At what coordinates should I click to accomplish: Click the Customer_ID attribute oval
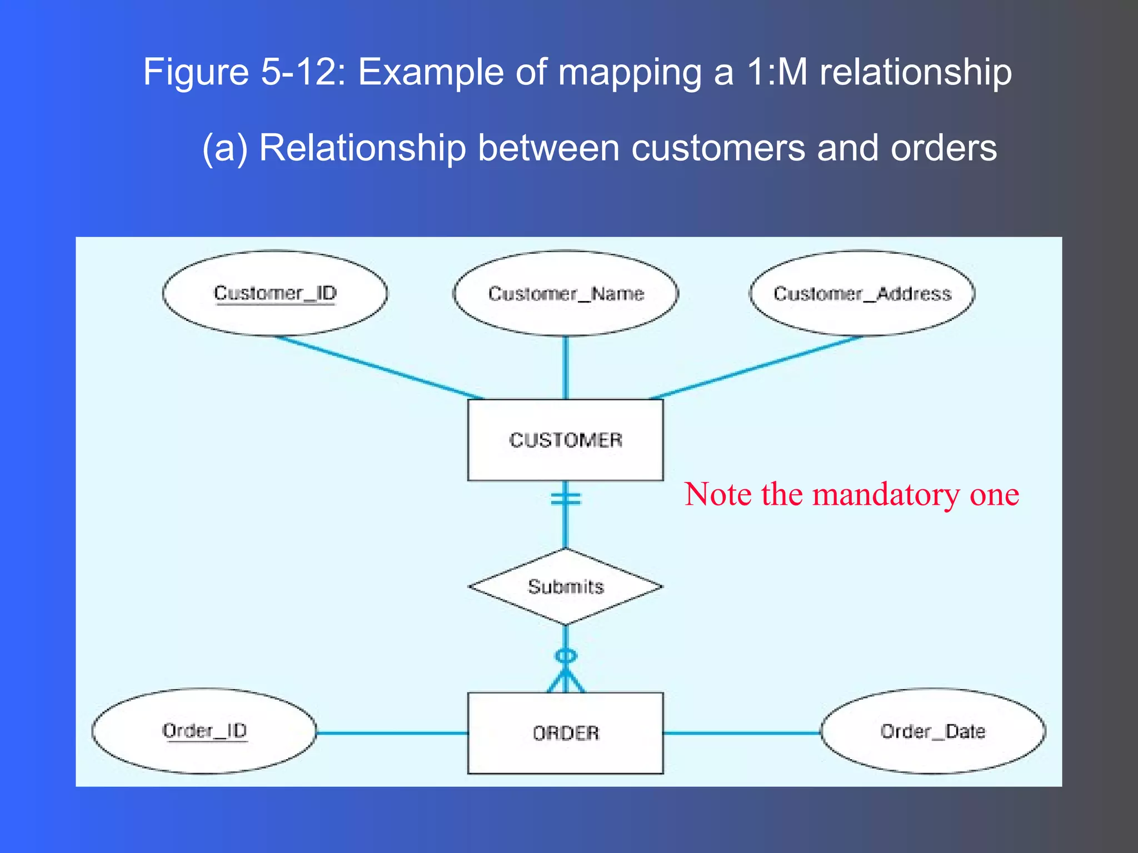pos(275,293)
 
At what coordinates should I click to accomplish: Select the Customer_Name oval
pos(566,293)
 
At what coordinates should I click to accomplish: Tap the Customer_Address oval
pos(862,293)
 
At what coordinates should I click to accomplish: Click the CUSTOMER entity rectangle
pos(566,440)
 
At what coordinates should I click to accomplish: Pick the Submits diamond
pos(566,586)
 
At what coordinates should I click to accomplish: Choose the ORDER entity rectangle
pos(566,733)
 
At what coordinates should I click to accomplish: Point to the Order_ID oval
pos(204,731)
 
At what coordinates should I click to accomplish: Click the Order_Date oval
pos(933,731)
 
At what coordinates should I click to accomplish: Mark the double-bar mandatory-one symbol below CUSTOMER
pos(566,499)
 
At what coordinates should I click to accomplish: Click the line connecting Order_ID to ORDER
pos(392,733)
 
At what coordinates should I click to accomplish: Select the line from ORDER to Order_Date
pos(742,733)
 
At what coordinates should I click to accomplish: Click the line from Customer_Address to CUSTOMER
pos(756,368)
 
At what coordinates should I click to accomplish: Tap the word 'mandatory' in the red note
pos(886,494)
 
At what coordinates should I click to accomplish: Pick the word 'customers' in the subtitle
pos(718,148)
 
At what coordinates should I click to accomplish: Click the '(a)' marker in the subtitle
pos(224,149)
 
